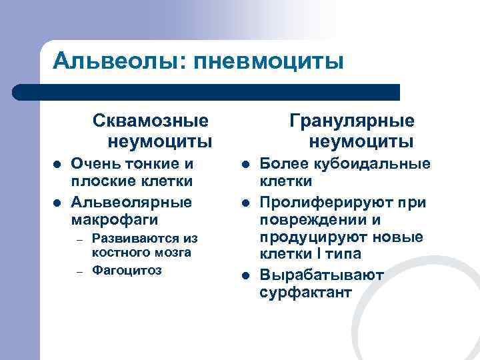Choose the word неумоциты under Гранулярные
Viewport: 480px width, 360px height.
[x=361, y=141]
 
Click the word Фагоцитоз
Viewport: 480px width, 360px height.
[x=127, y=271]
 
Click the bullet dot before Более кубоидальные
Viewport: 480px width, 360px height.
[x=245, y=164]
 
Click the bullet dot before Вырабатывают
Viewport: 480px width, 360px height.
[x=245, y=275]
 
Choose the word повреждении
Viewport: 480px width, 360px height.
[x=312, y=219]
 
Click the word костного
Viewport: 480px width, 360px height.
[x=118, y=253]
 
